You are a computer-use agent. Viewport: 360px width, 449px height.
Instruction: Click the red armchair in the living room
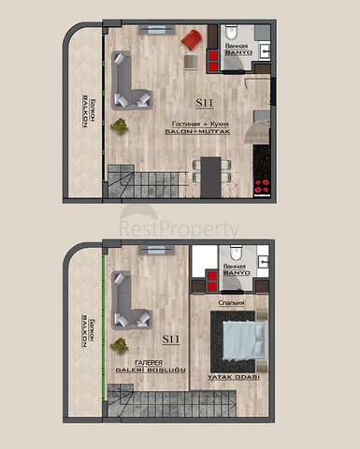[191, 40]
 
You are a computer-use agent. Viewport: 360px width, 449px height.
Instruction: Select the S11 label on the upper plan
[203, 103]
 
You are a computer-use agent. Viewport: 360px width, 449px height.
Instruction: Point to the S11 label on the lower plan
[171, 339]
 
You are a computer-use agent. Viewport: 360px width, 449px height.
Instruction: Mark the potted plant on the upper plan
[120, 125]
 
